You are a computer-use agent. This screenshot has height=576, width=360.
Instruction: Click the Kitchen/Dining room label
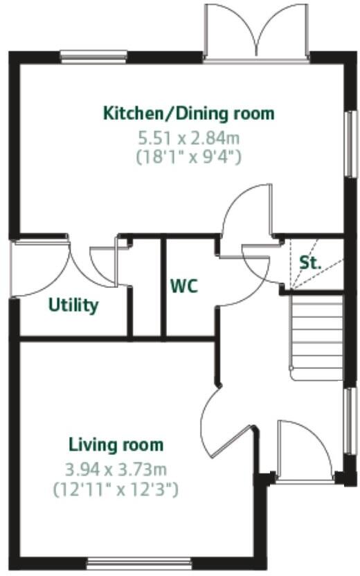pyautogui.click(x=188, y=113)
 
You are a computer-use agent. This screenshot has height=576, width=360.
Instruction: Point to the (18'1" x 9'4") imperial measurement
pyautogui.click(x=189, y=157)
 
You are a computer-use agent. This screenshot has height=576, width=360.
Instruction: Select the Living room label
pyautogui.click(x=116, y=444)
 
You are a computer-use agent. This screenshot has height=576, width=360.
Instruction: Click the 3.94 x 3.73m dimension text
pyautogui.click(x=116, y=470)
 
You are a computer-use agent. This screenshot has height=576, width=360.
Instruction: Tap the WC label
pyautogui.click(x=184, y=285)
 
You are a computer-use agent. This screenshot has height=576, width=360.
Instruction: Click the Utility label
pyautogui.click(x=73, y=305)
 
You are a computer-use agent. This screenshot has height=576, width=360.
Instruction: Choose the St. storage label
pyautogui.click(x=309, y=263)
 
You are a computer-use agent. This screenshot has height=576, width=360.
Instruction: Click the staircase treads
pyautogui.click(x=316, y=336)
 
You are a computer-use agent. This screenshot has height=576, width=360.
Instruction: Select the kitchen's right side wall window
pyautogui.click(x=350, y=143)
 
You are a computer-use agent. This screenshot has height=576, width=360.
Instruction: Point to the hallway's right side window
pyautogui.click(x=349, y=422)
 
